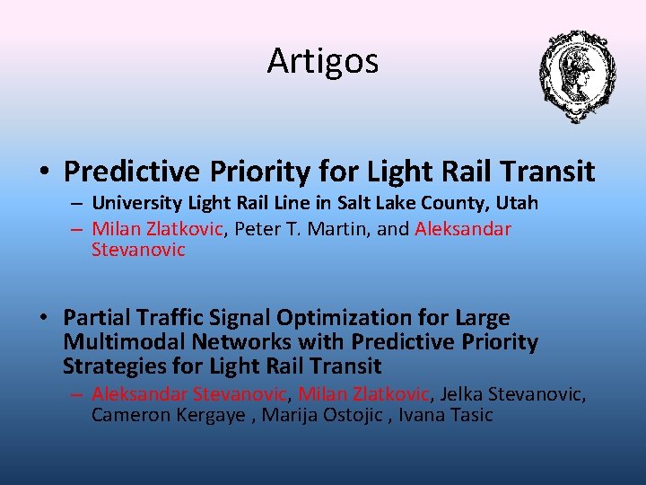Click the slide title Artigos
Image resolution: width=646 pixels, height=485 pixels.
(322, 61)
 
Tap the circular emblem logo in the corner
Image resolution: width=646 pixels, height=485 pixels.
(576, 75)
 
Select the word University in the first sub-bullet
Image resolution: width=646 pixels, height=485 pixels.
(135, 203)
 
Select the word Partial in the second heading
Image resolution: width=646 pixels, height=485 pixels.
(97, 318)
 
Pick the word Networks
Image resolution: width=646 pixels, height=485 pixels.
(236, 342)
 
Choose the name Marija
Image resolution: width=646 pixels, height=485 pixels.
(288, 415)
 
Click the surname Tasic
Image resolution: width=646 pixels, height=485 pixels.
(470, 415)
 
